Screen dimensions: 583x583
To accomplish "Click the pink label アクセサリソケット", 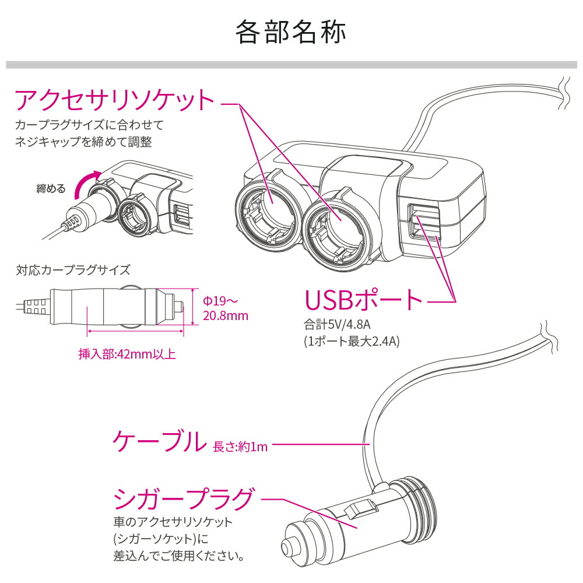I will point(115,101).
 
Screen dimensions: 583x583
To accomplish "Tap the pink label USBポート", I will point(364,300).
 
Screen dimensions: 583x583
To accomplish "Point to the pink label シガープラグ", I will point(184,499).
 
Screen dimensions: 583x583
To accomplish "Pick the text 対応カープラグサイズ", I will point(73,271).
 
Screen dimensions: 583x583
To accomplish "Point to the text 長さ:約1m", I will point(240,447).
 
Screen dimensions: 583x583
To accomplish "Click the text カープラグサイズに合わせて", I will point(90,125).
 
